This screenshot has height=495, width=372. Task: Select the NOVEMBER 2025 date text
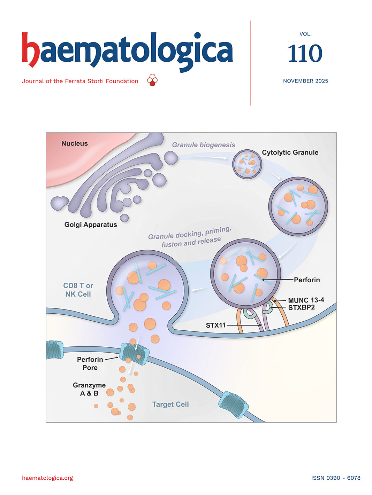click(305, 81)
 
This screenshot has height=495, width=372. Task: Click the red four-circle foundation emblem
click(152, 80)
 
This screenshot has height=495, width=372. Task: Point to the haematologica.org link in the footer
click(47, 478)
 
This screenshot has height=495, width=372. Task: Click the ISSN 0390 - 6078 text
click(336, 478)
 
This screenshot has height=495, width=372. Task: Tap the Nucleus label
click(75, 143)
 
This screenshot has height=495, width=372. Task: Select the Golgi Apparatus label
click(91, 225)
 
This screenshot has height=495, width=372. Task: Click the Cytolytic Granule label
click(290, 152)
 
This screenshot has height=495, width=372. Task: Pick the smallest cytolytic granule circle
click(247, 164)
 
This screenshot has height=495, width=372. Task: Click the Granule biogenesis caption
click(204, 145)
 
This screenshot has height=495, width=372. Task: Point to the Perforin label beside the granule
click(307, 280)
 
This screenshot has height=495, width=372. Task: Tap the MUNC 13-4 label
click(306, 300)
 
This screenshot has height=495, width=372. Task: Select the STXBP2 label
click(302, 307)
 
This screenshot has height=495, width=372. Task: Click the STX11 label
click(215, 325)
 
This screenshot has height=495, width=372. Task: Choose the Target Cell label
click(170, 404)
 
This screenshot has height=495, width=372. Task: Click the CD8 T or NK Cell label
click(78, 290)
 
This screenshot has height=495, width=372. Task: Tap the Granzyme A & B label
click(89, 389)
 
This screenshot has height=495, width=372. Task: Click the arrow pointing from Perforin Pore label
click(112, 358)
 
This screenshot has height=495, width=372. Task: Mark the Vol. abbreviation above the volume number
click(305, 34)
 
